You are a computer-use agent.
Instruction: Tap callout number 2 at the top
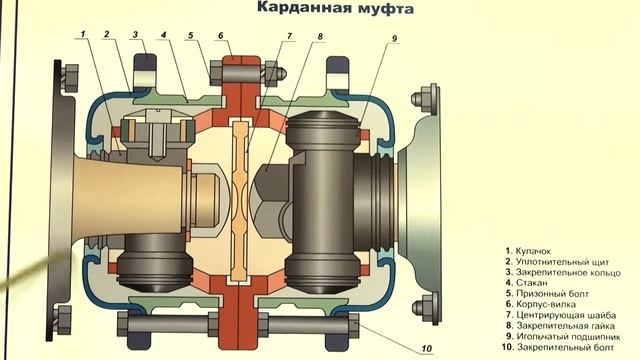105,34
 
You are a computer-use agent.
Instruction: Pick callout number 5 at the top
188,34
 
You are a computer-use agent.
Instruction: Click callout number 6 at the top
223,34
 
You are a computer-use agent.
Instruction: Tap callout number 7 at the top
289,36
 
